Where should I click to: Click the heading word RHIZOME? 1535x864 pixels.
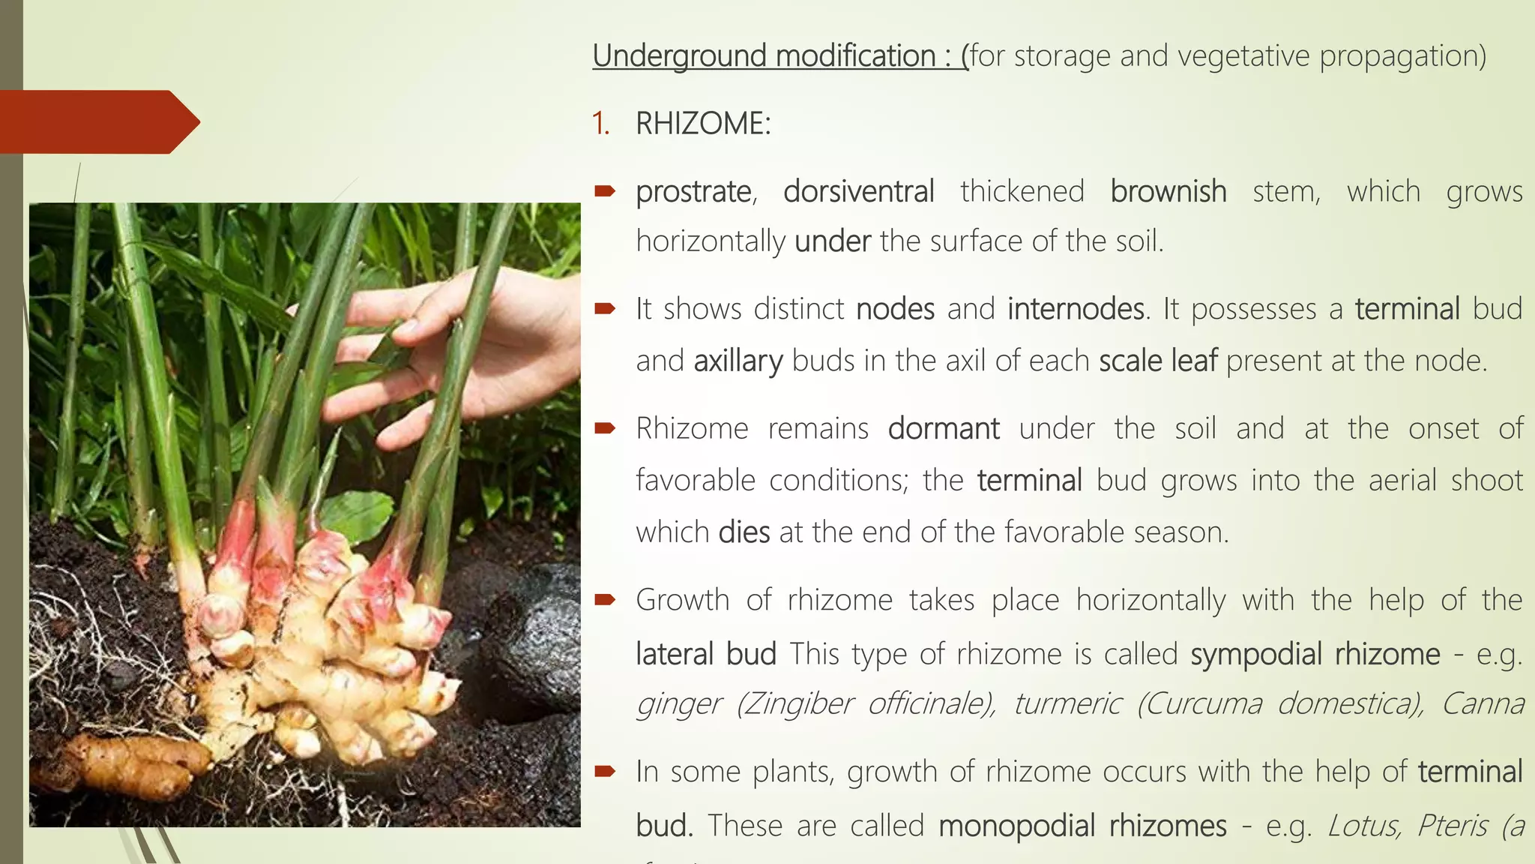click(x=702, y=124)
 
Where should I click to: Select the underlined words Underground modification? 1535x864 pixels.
click(x=764, y=56)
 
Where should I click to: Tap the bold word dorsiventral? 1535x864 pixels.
click(x=858, y=192)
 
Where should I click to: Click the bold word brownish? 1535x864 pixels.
click(x=1168, y=192)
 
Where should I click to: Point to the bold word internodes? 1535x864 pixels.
click(x=1076, y=309)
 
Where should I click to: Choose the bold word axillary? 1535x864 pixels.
click(x=738, y=361)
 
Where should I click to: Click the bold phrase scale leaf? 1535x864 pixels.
click(x=1158, y=361)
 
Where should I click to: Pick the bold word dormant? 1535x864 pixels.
click(x=944, y=429)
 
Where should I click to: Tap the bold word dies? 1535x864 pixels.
click(x=744, y=532)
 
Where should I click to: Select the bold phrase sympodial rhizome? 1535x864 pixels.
click(x=1315, y=654)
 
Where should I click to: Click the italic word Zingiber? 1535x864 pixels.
click(x=795, y=704)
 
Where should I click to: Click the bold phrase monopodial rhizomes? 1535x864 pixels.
click(x=1082, y=826)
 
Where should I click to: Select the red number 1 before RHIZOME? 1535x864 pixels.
click(x=600, y=124)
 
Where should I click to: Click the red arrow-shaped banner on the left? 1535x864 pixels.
click(x=97, y=121)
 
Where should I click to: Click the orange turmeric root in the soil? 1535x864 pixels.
click(x=135, y=761)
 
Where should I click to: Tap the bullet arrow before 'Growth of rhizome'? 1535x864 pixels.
click(x=604, y=600)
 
